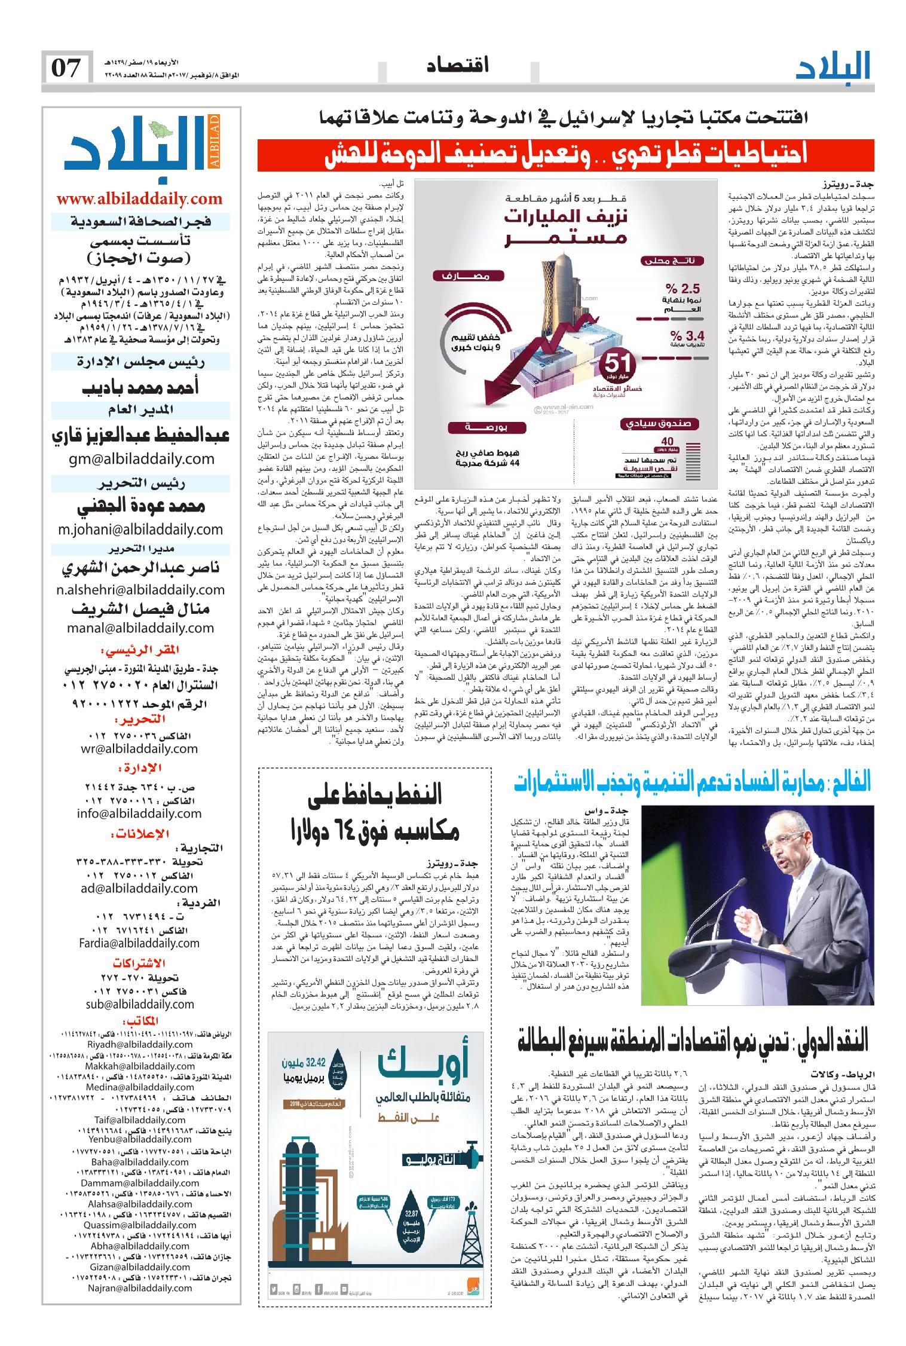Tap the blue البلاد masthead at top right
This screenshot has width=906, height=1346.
point(834,67)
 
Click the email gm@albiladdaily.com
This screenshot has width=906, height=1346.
point(140,459)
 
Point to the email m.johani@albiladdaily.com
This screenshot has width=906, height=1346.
point(140,530)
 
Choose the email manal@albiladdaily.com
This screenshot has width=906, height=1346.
point(140,628)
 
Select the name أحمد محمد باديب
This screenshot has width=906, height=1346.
point(140,388)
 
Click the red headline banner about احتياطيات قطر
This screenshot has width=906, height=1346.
point(565,155)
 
